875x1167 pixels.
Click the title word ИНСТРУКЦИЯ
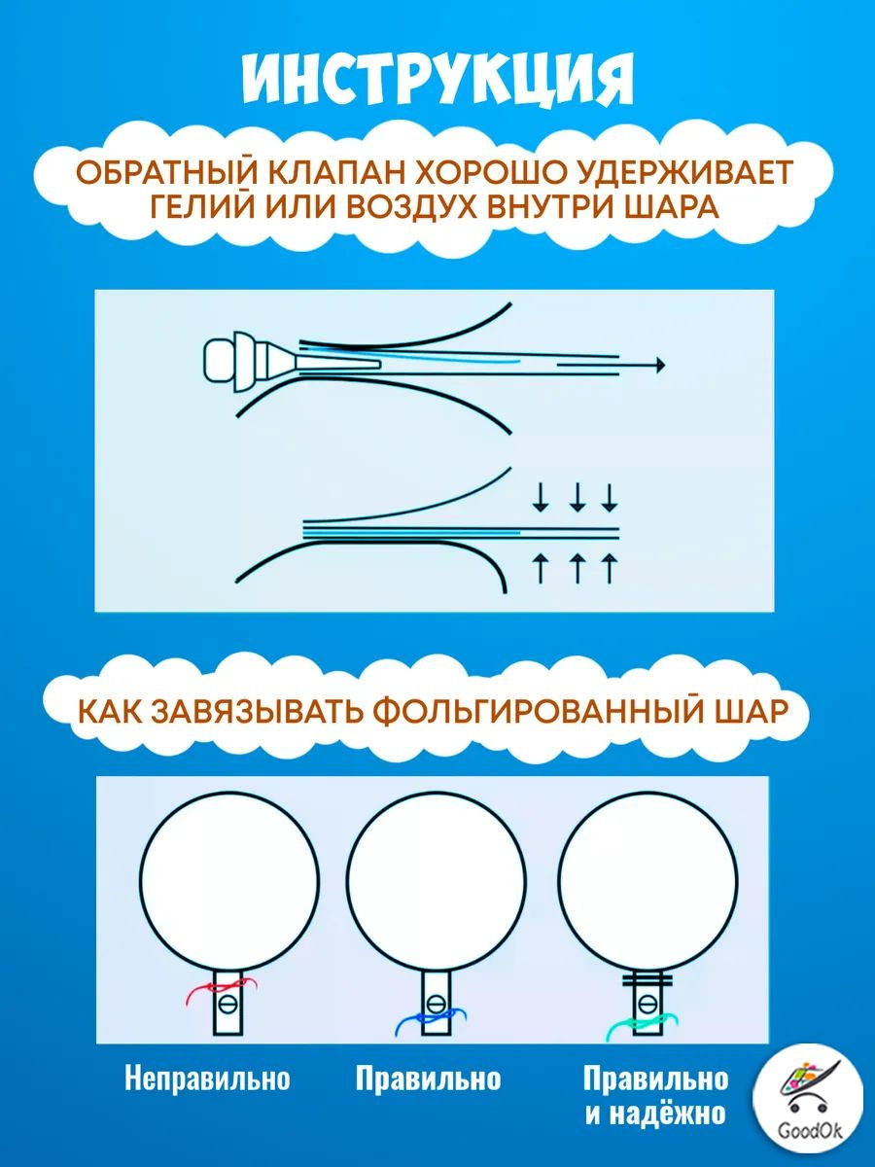tap(437, 81)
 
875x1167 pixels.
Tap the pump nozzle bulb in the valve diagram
tap(219, 360)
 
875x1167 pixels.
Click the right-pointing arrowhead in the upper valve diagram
tap(659, 365)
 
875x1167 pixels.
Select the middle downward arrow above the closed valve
tap(577, 497)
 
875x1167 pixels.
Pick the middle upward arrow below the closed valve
tap(577, 568)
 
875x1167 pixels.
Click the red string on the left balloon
tap(221, 988)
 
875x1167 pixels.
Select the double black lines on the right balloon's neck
tap(647, 980)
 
